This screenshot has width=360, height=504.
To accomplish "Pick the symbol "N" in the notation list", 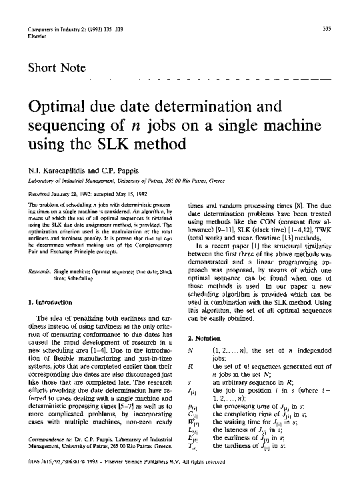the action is tap(191, 349).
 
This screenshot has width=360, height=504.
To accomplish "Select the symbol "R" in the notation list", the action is tap(191, 366).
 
